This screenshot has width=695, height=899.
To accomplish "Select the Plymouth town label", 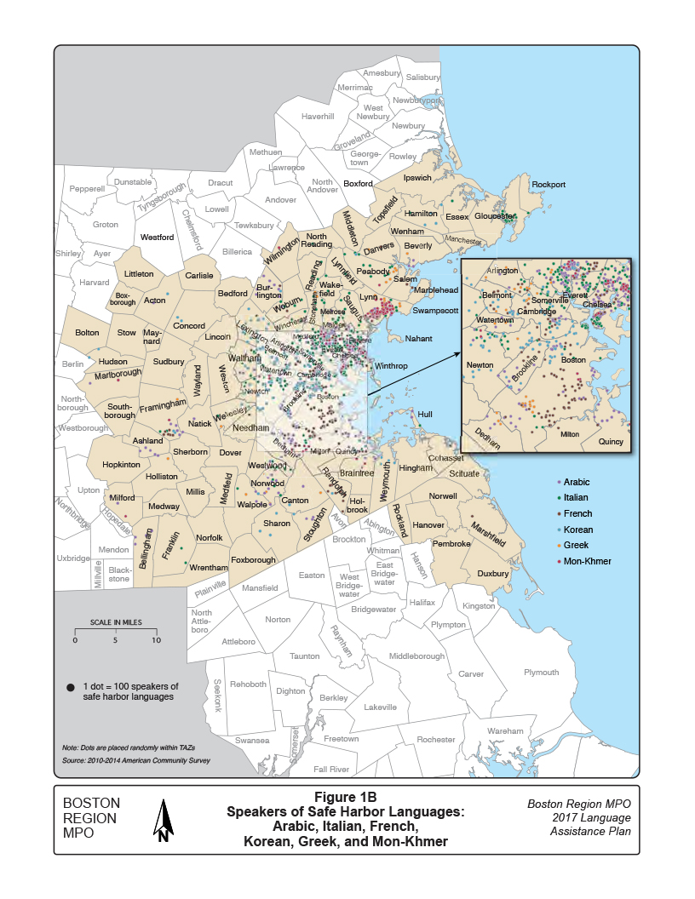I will (542, 673).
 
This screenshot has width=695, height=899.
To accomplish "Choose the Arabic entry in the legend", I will (577, 483).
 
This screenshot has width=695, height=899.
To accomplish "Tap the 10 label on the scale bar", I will (156, 640).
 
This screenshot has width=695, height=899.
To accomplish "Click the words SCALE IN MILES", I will (115, 622).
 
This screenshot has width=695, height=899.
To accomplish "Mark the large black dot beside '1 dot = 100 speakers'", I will (70, 687).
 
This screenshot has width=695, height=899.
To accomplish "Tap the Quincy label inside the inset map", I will (610, 442).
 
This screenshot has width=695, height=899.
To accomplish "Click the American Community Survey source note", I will (136, 760).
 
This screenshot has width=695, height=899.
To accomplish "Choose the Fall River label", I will (331, 769).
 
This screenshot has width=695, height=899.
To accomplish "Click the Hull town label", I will (425, 415).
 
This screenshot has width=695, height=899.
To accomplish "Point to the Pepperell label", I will (86, 188).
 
